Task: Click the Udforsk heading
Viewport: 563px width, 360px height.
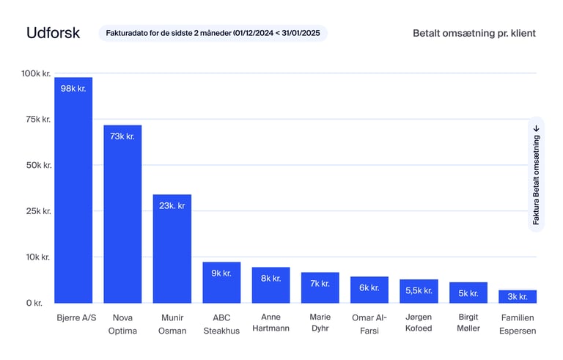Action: (x=53, y=33)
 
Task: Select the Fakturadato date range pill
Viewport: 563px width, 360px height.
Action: (x=213, y=33)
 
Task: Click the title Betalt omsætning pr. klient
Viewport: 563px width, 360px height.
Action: (x=474, y=33)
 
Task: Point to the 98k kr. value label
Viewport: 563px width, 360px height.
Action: (x=73, y=88)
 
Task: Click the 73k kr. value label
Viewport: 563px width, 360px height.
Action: (x=122, y=136)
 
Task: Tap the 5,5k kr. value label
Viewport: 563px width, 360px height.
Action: (x=419, y=290)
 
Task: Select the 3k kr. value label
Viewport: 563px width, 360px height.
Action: (x=518, y=296)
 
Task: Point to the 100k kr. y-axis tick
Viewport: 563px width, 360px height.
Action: (x=35, y=73)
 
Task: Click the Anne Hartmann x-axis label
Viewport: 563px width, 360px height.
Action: (x=271, y=323)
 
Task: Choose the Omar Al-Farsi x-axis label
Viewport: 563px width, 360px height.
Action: (x=369, y=323)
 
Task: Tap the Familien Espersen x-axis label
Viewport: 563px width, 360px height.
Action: (x=518, y=323)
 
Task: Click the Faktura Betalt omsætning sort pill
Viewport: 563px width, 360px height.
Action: (x=536, y=175)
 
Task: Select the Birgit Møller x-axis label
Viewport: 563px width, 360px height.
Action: (x=468, y=323)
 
